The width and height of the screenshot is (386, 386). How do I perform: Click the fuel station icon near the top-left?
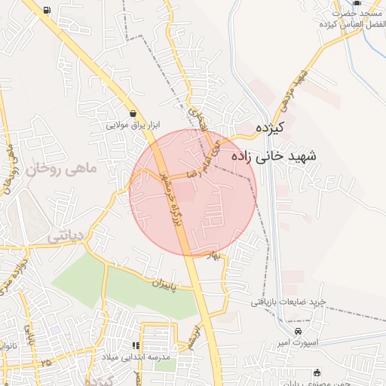tap(48, 11)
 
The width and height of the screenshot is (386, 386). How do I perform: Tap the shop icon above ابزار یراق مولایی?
tap(133, 113)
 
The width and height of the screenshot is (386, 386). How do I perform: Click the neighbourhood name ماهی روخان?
tap(63, 170)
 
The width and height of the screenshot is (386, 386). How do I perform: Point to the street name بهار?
tap(217, 256)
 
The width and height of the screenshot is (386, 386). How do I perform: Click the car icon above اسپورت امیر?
tap(299, 332)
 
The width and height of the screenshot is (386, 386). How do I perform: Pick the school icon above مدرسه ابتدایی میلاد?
tap(136, 345)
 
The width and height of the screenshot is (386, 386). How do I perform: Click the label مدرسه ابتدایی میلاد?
tap(138, 356)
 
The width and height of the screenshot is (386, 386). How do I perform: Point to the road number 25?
tap(48, 363)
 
